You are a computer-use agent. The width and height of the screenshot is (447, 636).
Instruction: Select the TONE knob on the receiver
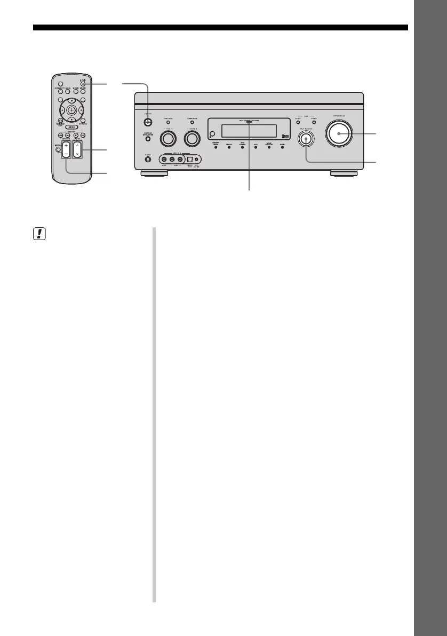point(168,139)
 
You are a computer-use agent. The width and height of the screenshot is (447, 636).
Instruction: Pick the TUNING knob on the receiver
point(192,139)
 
